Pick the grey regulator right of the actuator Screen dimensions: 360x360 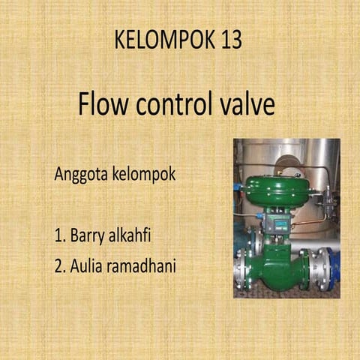click(323, 201)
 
